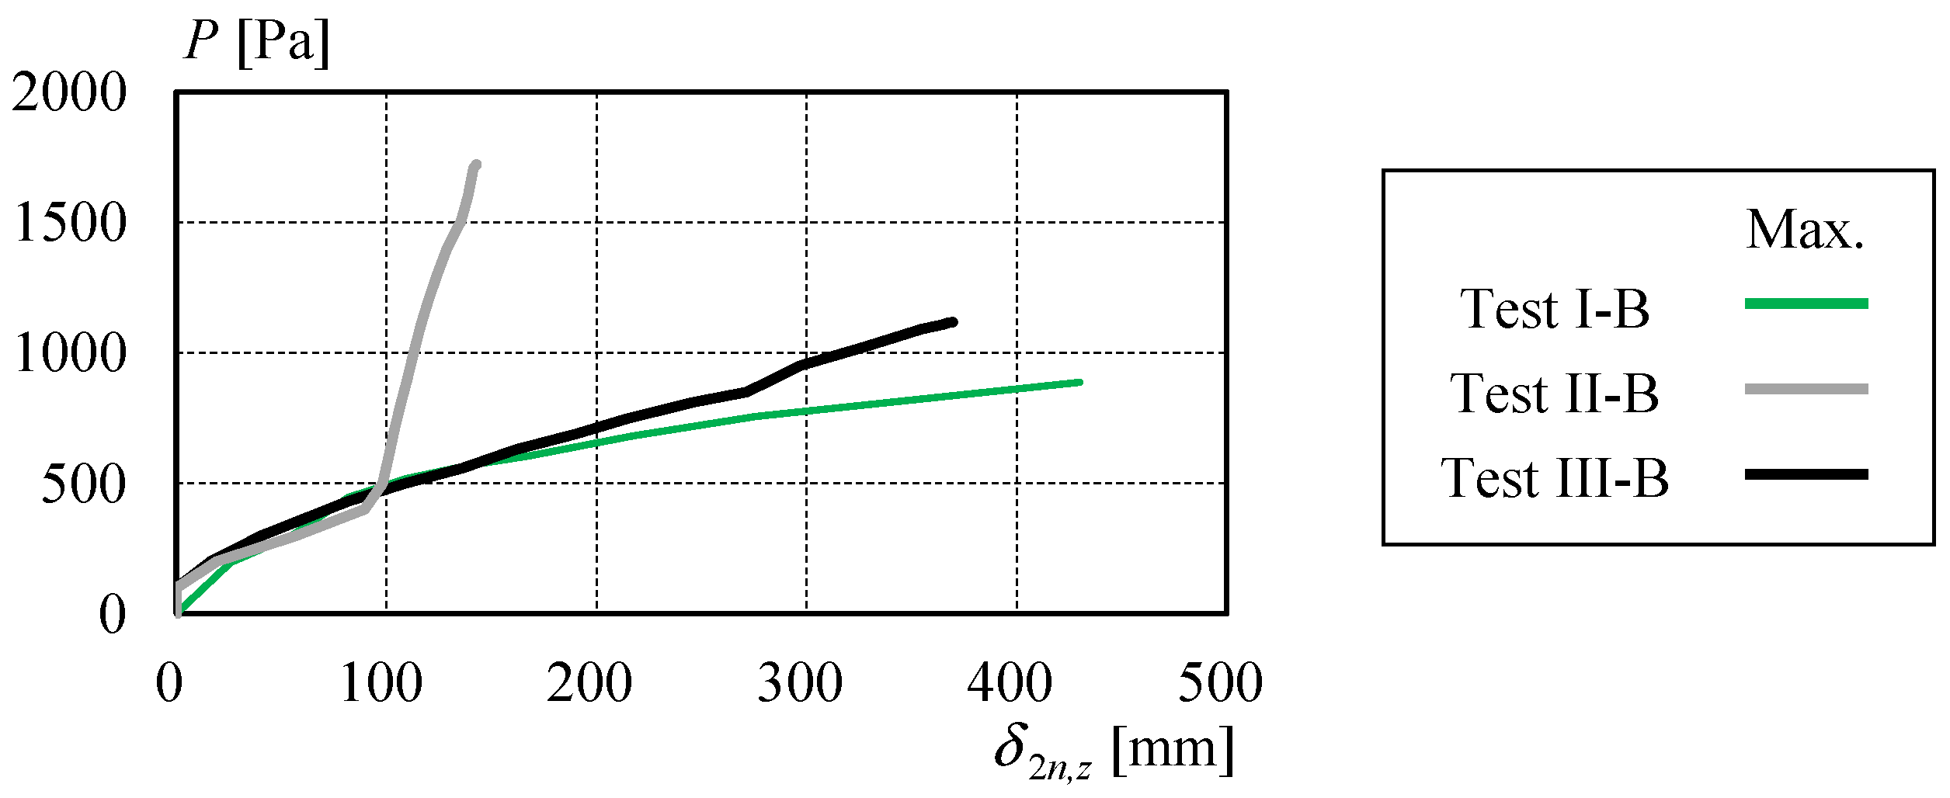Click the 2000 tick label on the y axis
coord(68,92)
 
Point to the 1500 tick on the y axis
coord(70,223)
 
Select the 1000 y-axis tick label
coord(70,353)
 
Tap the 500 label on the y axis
coord(83,484)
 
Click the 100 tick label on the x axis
coord(382,683)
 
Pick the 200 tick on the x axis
coord(590,683)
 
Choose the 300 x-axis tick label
coord(801,683)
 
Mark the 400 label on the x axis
coord(1010,683)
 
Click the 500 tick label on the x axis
coord(1221,683)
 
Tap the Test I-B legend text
coord(1555,309)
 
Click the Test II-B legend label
coord(1555,394)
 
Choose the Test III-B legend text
coord(1555,478)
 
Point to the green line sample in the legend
coord(1806,304)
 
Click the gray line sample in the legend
coord(1806,389)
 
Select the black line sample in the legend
coord(1806,474)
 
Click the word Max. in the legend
coord(1805,230)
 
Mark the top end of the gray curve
coord(476,165)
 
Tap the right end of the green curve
coord(1079,383)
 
